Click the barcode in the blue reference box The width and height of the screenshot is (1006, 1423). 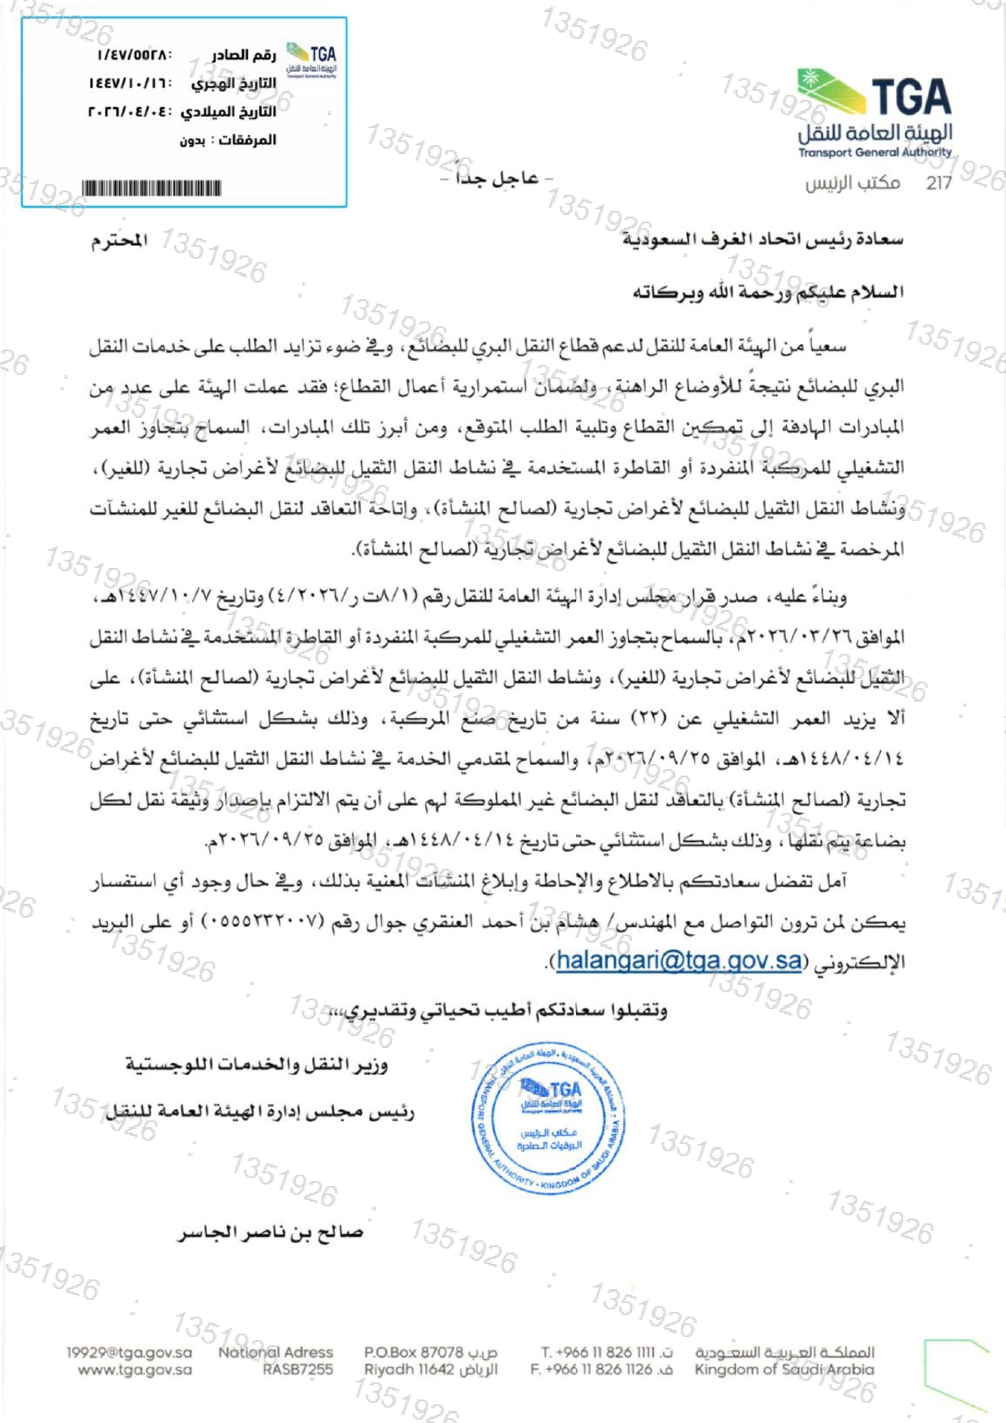point(152,189)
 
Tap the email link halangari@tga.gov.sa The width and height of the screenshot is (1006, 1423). point(679,961)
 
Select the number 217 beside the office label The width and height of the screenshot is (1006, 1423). point(939,183)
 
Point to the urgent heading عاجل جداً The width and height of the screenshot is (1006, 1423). point(497,178)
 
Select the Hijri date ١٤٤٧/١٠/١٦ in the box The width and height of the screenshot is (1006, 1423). point(130,84)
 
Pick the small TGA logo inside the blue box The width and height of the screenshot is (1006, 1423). point(312,59)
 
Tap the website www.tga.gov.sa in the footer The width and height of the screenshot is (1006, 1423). point(135,1369)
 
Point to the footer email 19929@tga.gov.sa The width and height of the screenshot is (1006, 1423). point(130,1352)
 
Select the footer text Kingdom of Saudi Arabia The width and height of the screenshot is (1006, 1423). point(784,1369)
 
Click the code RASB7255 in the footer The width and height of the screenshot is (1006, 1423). point(298,1369)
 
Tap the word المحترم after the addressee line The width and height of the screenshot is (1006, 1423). point(119,241)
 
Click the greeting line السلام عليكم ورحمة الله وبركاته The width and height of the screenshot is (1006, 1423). point(767,292)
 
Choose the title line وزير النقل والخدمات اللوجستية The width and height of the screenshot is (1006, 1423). point(256,1064)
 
